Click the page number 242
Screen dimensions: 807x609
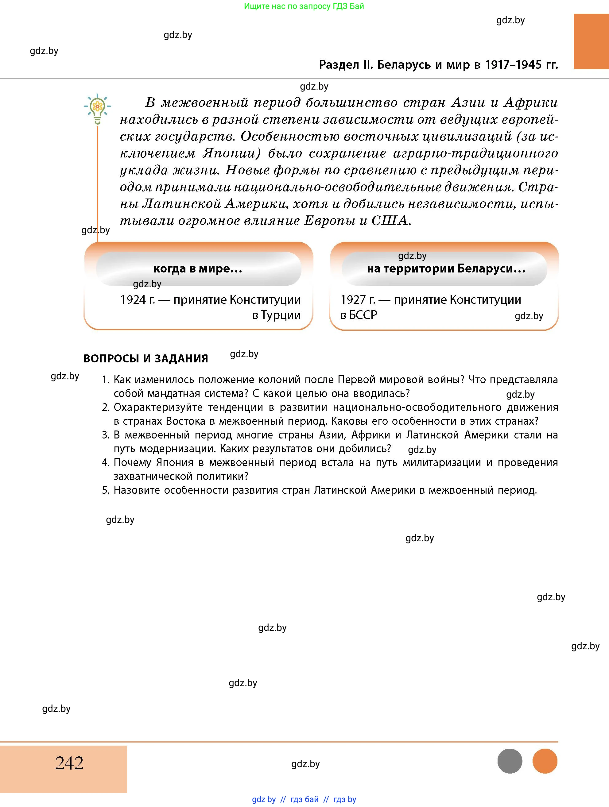(x=69, y=763)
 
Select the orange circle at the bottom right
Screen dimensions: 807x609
(x=545, y=761)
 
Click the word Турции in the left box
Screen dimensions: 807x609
(x=281, y=315)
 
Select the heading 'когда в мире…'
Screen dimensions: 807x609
(x=198, y=269)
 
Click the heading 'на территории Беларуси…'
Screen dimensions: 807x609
(x=446, y=269)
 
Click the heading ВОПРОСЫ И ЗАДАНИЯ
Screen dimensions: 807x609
(x=145, y=359)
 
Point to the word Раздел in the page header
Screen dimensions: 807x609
(x=339, y=64)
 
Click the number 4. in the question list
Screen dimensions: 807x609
(x=106, y=463)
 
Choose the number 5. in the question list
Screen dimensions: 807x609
(x=106, y=490)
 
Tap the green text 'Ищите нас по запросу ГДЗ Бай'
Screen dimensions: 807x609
(x=304, y=6)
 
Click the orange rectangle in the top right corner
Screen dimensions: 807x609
(x=591, y=41)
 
